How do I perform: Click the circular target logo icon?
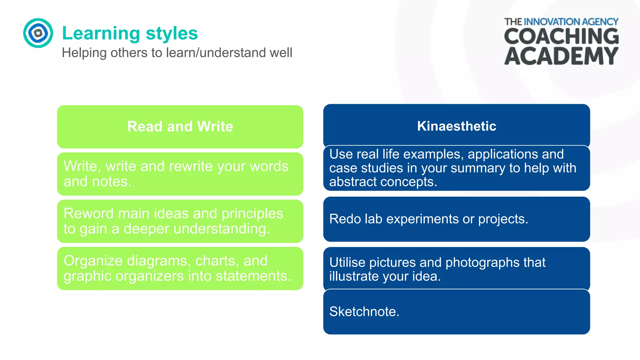pos(38,33)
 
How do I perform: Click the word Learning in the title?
pos(101,34)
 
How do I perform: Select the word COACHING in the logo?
pos(561,36)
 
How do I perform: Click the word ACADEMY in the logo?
pos(561,56)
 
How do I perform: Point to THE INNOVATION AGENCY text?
pos(561,22)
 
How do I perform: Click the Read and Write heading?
pos(180,127)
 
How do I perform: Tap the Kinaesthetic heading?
pos(457,126)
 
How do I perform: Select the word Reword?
pos(88,213)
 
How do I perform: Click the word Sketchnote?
pos(364,312)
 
